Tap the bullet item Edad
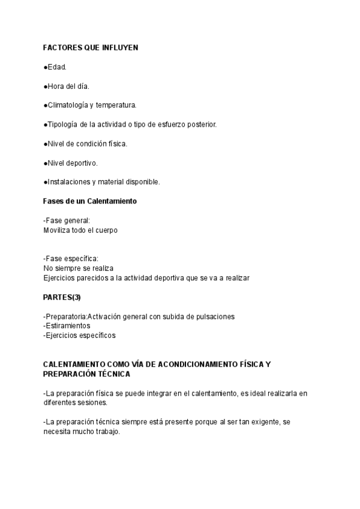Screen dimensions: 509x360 pos(56,67)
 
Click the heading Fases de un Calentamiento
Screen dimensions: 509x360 pos(90,201)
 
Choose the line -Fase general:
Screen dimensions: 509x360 pos(67,220)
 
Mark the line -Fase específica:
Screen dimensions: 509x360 pos(71,259)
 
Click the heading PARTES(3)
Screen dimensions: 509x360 pos(62,297)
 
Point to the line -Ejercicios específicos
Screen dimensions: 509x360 pos(79,336)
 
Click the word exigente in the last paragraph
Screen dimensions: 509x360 pos(263,422)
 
